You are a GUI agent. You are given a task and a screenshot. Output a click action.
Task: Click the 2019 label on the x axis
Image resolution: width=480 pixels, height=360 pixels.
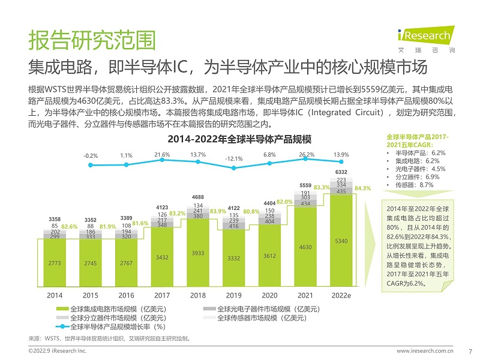click(x=233, y=295)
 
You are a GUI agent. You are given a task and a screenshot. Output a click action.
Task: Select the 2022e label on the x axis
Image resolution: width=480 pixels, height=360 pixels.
click(x=341, y=295)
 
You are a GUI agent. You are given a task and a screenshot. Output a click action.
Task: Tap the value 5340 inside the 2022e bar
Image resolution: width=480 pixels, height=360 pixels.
click(x=341, y=241)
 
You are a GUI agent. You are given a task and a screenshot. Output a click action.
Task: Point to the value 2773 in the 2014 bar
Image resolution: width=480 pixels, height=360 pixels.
click(x=55, y=263)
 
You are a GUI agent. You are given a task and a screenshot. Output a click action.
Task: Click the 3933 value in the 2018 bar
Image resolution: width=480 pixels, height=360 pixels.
click(x=198, y=253)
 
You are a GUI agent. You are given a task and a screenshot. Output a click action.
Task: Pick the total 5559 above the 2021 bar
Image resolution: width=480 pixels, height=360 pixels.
click(x=305, y=185)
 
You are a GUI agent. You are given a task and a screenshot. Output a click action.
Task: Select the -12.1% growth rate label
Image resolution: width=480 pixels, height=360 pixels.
click(x=233, y=159)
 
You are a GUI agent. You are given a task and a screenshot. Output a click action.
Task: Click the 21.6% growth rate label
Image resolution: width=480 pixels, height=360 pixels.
click(x=163, y=155)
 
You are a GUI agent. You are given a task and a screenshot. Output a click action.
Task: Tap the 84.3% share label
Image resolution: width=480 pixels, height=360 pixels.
click(x=363, y=188)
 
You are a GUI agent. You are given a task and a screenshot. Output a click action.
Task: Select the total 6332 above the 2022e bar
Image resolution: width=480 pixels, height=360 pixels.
click(x=341, y=172)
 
